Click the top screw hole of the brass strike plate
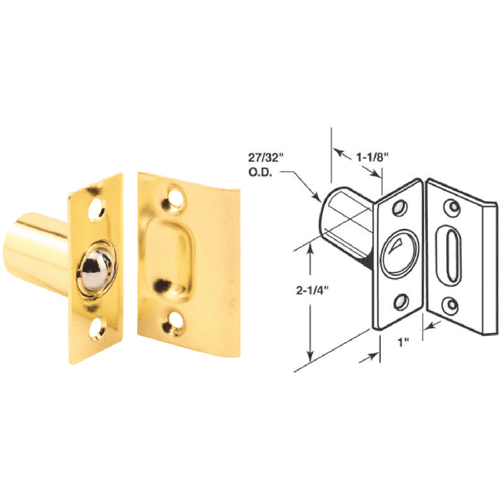[173, 198]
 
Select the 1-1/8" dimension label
[372, 156]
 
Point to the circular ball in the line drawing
[400, 251]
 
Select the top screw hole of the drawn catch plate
[400, 209]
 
